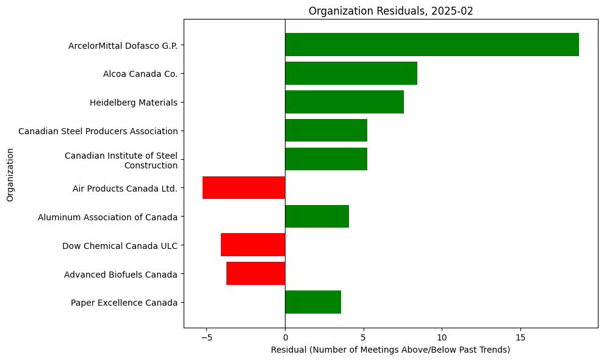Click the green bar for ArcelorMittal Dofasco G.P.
click(431, 45)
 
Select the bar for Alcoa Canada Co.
click(351, 73)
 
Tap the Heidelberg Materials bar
click(344, 102)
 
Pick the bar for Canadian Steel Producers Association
click(326, 131)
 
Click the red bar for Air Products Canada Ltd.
click(243, 188)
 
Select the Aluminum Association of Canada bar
click(317, 217)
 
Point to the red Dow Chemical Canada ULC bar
click(253, 245)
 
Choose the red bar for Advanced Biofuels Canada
click(256, 274)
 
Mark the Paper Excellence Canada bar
click(312, 303)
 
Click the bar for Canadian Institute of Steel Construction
click(326, 159)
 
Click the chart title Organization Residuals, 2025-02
click(390, 11)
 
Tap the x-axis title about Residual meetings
click(390, 350)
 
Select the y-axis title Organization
click(10, 173)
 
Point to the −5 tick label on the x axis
click(206, 337)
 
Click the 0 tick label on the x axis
click(285, 337)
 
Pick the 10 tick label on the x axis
click(442, 337)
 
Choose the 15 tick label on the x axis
click(520, 337)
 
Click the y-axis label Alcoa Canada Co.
click(140, 74)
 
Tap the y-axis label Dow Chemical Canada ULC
click(120, 246)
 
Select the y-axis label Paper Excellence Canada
click(124, 303)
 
